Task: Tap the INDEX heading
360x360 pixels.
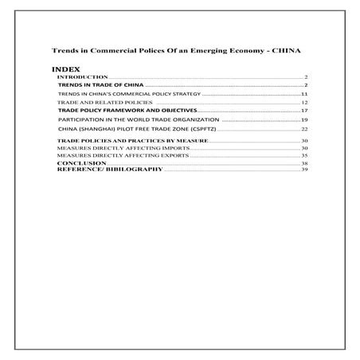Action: click(63, 69)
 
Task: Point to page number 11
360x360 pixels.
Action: click(304, 95)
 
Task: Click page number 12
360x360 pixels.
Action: click(304, 104)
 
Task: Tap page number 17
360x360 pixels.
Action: click(304, 111)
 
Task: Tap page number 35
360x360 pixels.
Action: click(304, 155)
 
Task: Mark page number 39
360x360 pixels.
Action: click(304, 170)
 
